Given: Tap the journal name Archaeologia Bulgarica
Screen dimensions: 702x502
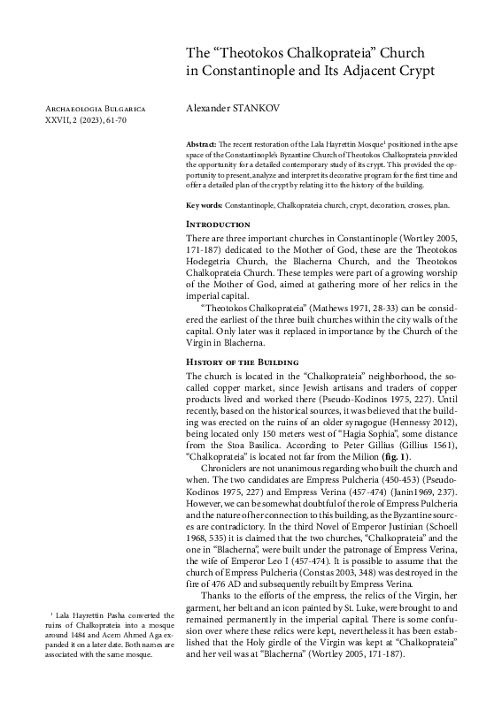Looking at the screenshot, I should (x=88, y=108).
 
